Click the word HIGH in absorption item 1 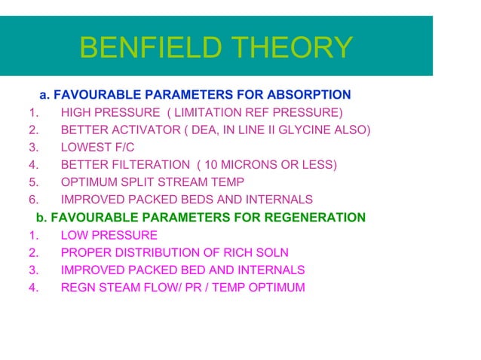[x=75, y=113]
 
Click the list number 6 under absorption [x=32, y=200]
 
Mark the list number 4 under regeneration [x=32, y=287]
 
